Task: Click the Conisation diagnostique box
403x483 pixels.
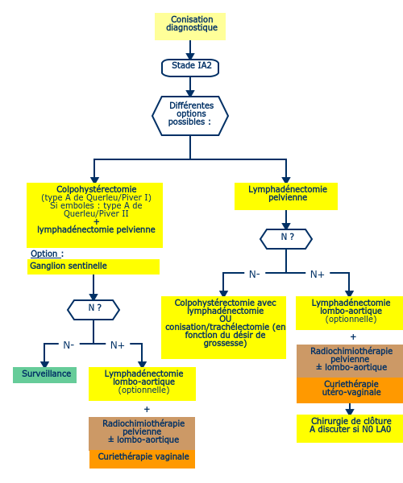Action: (x=190, y=27)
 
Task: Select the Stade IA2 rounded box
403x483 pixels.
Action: (x=190, y=68)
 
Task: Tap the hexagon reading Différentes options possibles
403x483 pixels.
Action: (x=190, y=116)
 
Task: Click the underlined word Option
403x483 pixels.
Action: (x=44, y=254)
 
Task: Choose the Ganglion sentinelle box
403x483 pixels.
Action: (x=93, y=266)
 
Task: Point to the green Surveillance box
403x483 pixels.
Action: (x=44, y=375)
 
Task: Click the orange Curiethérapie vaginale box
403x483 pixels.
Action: (x=142, y=459)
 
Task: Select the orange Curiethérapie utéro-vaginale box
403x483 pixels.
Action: (x=350, y=390)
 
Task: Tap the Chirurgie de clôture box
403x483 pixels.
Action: (x=350, y=428)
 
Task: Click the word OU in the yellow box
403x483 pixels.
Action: (x=226, y=319)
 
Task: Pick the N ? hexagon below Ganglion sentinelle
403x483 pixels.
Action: (x=93, y=310)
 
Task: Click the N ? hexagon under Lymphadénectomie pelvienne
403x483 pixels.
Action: (x=286, y=239)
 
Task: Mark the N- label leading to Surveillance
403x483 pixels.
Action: (x=69, y=345)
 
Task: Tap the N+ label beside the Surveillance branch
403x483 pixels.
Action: (x=117, y=345)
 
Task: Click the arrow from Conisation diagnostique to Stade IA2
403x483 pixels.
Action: (x=190, y=50)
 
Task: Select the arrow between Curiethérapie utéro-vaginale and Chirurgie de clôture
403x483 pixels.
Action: (x=349, y=409)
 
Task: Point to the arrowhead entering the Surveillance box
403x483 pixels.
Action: (x=44, y=364)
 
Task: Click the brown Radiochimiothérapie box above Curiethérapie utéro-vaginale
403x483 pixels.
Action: (x=350, y=361)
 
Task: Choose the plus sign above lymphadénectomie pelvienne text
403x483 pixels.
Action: (x=97, y=222)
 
